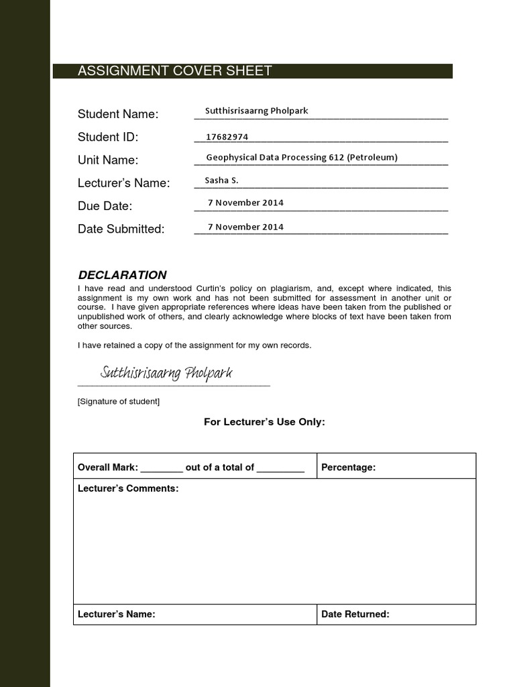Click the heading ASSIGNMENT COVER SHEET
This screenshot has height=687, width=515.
(x=175, y=71)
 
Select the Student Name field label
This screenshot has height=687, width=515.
(x=118, y=114)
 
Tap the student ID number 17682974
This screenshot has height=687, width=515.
(x=227, y=137)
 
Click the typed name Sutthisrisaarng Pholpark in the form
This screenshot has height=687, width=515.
(x=256, y=111)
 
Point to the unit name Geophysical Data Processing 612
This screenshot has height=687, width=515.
(x=302, y=157)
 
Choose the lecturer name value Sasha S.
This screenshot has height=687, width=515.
(x=221, y=180)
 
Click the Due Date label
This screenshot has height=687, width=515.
(x=105, y=206)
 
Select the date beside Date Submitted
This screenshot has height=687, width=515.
(x=245, y=227)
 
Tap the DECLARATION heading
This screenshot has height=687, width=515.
(x=122, y=275)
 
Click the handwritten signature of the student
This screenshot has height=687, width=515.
(x=166, y=373)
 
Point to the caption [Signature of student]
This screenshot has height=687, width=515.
(x=119, y=402)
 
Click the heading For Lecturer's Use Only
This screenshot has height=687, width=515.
(x=264, y=422)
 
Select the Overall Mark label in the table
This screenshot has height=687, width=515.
(x=108, y=468)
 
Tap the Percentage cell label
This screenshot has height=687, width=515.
(x=349, y=468)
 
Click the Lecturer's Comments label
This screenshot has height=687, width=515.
(x=128, y=488)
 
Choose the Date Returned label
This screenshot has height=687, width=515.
(x=355, y=614)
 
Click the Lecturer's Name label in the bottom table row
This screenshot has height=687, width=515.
(x=117, y=614)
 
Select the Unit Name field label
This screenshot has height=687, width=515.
(x=108, y=160)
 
